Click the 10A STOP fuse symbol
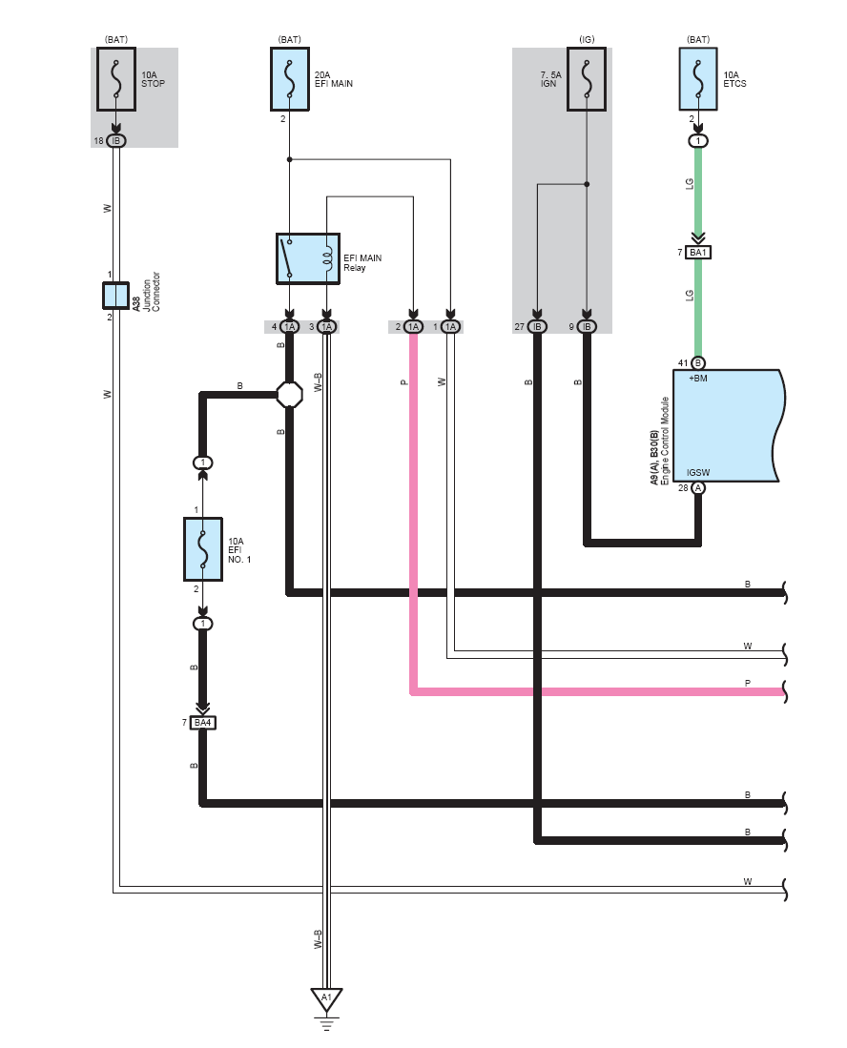point(116,79)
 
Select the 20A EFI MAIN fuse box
point(289,79)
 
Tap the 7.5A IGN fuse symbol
point(587,79)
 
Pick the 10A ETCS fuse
point(698,79)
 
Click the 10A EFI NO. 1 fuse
point(203,549)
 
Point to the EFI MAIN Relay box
point(308,258)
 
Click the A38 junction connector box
point(115,296)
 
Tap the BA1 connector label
point(698,253)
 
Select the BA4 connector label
point(202,723)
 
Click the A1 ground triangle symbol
point(326,997)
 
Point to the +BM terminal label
point(698,379)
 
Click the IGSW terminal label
point(698,473)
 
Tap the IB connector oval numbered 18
point(116,141)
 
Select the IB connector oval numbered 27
point(537,327)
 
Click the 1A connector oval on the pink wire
point(413,327)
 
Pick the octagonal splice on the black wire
point(289,395)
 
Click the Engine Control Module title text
point(665,441)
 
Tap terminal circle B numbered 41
point(698,363)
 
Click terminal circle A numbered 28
point(698,488)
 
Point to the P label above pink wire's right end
point(748,683)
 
